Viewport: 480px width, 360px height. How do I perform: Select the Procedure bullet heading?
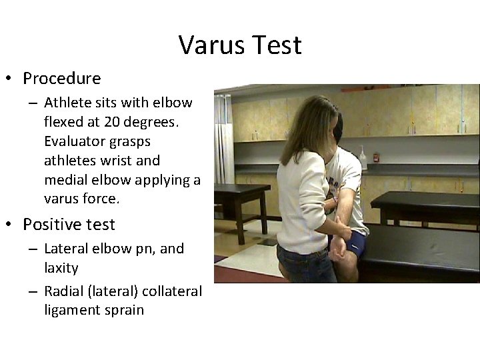pos(61,79)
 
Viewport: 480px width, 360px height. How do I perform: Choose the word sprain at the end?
pos(121,310)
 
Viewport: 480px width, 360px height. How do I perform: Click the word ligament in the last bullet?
pos(71,310)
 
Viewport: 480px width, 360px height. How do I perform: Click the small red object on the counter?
pos(375,158)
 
